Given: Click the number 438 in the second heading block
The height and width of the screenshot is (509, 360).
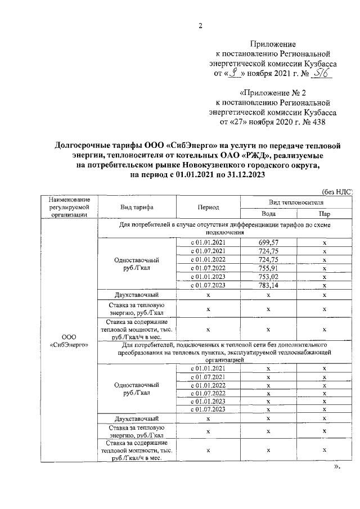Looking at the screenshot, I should point(316,121).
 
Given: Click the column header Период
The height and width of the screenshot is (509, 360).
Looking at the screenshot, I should point(208,207).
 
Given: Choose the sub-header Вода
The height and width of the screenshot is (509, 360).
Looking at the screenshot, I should point(268,214).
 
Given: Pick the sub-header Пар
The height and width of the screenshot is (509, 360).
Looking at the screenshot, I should point(325,214).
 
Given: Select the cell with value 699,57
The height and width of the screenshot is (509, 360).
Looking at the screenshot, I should point(268,241).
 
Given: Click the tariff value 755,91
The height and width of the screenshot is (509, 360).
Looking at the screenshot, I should point(268,268).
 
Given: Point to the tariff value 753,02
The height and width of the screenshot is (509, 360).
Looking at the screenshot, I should point(268,277).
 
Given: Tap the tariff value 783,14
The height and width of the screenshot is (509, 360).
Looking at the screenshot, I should point(268,286).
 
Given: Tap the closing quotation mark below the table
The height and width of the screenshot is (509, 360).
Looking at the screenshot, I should point(337,466).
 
